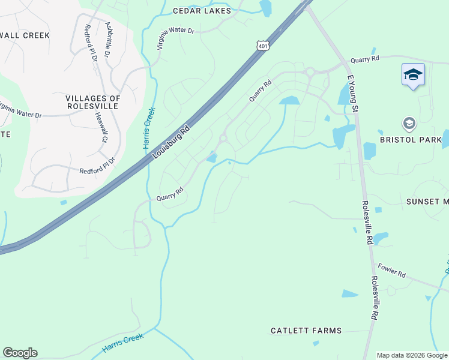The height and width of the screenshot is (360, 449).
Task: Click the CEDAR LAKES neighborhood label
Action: (202, 11)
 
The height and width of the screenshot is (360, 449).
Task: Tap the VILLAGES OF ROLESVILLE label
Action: (93, 102)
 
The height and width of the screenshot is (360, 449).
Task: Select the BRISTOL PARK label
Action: (411, 140)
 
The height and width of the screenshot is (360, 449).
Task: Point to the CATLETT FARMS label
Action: (306, 331)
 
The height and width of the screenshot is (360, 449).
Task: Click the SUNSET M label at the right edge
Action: (427, 202)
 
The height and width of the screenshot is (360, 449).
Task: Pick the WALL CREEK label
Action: (25, 35)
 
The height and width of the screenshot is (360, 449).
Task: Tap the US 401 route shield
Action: (262, 46)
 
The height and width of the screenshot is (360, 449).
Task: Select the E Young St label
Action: (352, 91)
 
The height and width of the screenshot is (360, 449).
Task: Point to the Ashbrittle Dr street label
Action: (108, 40)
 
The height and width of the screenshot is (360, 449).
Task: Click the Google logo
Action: (20, 353)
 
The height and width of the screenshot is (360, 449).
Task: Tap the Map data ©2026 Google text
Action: (412, 355)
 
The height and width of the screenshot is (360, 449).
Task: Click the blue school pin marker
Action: (413, 74)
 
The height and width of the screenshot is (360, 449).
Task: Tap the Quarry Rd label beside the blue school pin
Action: (365, 59)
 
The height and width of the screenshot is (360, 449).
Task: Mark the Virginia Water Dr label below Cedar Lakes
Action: (175, 38)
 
